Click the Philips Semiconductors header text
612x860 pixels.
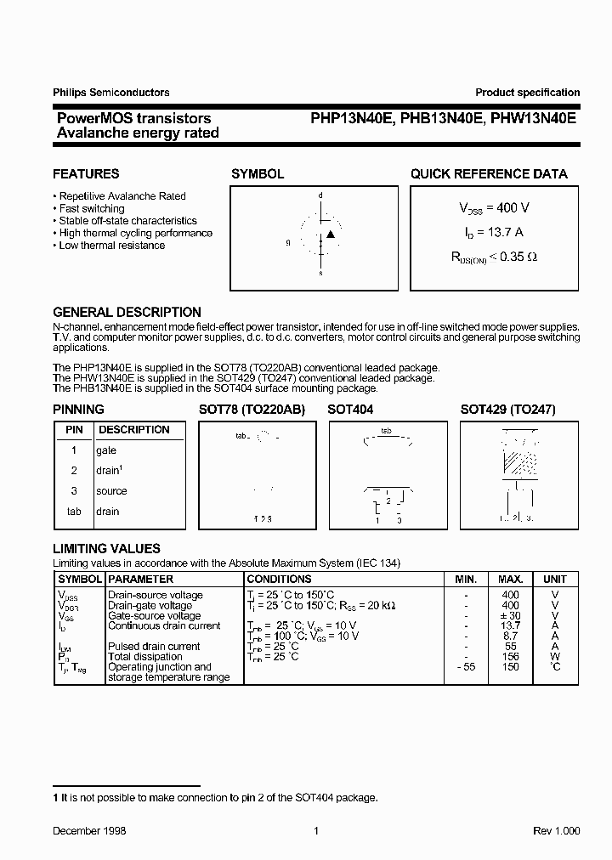coord(111,93)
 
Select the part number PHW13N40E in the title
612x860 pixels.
coord(535,119)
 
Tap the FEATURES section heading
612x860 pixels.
coord(86,174)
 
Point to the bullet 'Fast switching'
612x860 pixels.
coord(92,208)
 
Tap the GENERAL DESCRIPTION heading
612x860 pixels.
coord(127,312)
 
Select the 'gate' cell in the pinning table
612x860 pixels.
coord(106,450)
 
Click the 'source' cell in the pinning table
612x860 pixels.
coord(111,491)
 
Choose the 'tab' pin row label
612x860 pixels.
coord(74,512)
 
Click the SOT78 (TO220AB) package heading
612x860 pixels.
coord(252,410)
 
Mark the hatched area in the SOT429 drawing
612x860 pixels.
coord(520,462)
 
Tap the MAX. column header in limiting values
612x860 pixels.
coord(510,579)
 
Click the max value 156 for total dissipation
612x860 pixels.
coord(510,657)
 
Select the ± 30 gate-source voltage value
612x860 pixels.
coord(510,616)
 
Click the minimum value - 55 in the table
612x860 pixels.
coord(466,667)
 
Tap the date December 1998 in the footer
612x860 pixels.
coord(89,831)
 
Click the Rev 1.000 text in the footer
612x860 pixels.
coord(556,831)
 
